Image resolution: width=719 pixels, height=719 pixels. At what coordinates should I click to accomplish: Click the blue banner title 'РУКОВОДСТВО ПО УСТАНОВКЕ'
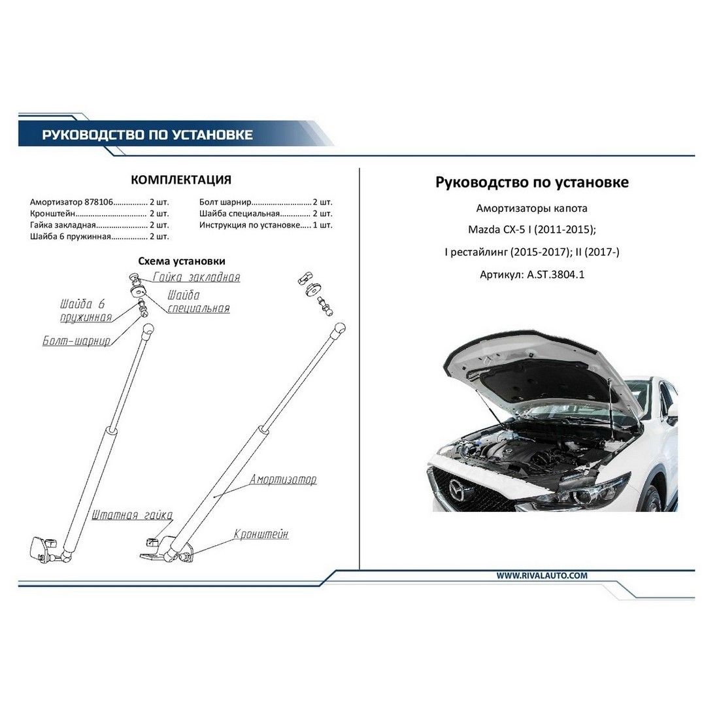click(x=147, y=135)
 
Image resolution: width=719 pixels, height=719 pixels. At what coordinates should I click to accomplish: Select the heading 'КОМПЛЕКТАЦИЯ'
click(x=181, y=179)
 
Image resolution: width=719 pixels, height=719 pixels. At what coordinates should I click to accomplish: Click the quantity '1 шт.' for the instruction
click(x=322, y=225)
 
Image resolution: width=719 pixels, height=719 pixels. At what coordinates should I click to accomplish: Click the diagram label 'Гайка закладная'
click(x=196, y=277)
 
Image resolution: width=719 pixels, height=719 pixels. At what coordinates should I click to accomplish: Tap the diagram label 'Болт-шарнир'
click(x=76, y=341)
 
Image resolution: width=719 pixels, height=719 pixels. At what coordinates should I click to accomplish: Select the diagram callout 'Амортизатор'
click(x=283, y=480)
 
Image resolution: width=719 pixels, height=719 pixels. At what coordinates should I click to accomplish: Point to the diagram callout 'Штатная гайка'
click(x=132, y=516)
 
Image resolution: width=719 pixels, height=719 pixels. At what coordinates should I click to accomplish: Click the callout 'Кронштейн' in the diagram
click(x=261, y=535)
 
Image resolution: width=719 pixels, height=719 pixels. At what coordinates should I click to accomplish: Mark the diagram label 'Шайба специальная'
click(x=198, y=301)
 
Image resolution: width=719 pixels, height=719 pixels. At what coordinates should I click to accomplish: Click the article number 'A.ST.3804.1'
click(x=556, y=275)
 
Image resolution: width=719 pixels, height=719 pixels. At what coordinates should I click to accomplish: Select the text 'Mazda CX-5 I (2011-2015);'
click(x=532, y=230)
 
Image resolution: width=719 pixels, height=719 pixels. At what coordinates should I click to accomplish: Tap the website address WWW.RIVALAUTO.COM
click(x=542, y=576)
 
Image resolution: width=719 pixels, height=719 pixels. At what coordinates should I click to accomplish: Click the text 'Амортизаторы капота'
click(x=532, y=209)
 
